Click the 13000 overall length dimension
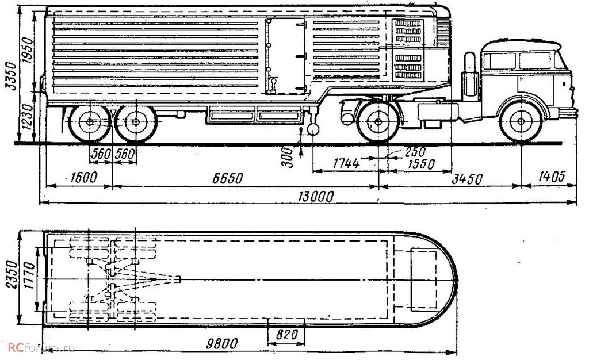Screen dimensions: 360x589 point(316,197)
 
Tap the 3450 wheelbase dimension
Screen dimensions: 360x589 point(466,179)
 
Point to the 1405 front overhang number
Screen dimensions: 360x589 point(551,176)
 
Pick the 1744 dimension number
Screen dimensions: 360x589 point(347,163)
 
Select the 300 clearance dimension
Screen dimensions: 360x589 point(290,155)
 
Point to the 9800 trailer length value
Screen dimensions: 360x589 point(223,344)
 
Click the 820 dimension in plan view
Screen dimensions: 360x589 point(287,334)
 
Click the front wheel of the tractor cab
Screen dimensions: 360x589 point(521,122)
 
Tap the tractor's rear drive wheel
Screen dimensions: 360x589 point(377,122)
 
